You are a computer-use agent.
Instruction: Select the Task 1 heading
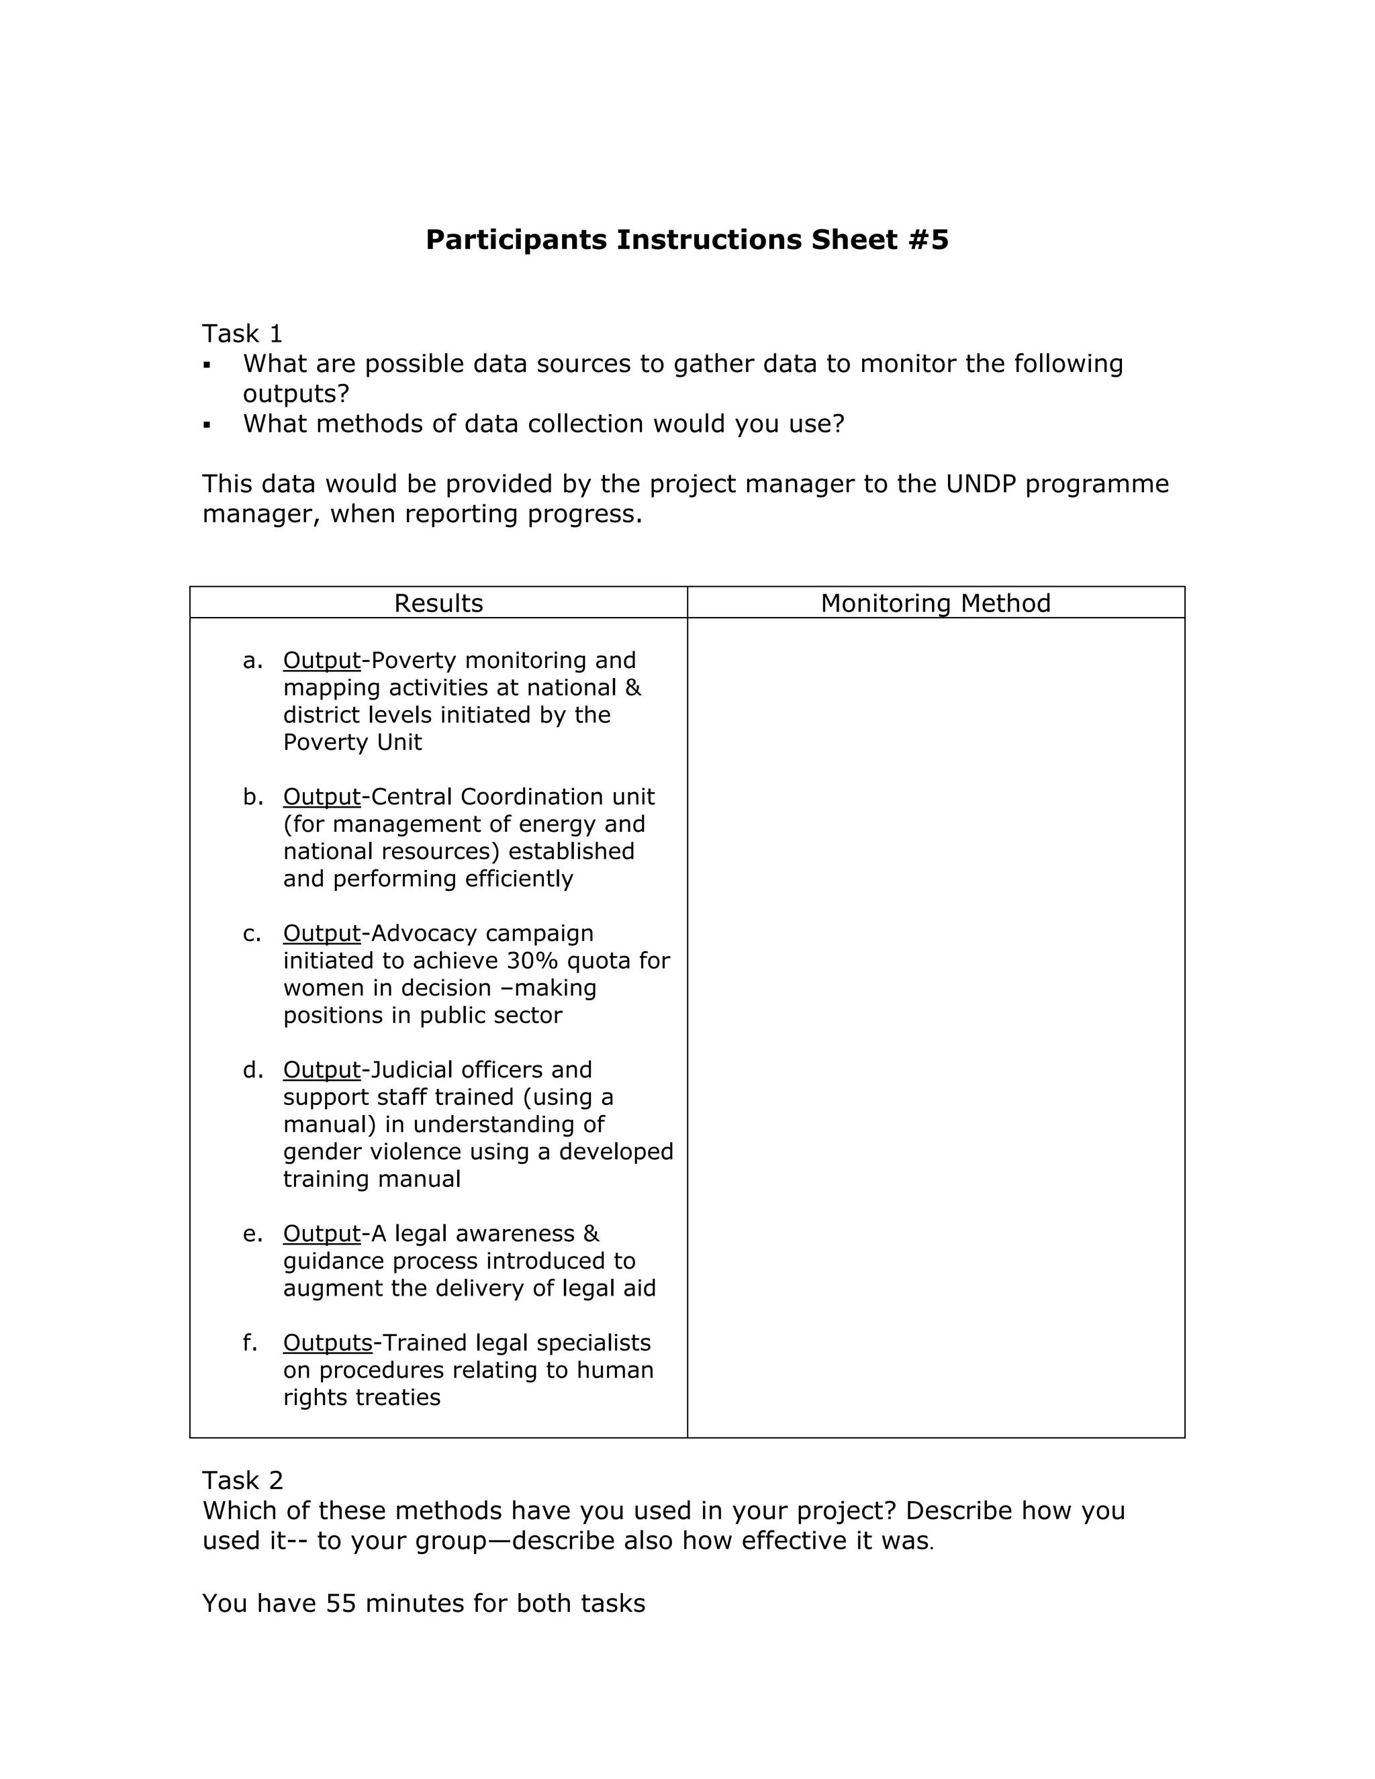[x=242, y=333]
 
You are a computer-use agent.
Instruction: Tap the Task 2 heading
[x=242, y=1480]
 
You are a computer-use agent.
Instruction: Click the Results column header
[x=438, y=603]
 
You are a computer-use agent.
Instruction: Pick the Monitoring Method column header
[x=935, y=603]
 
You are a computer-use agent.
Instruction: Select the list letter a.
[x=252, y=661]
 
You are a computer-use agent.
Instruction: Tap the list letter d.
[x=252, y=1069]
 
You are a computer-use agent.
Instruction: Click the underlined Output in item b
[x=322, y=797]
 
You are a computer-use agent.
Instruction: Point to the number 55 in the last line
[x=341, y=1603]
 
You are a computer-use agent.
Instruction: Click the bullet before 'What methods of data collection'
[x=207, y=424]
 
